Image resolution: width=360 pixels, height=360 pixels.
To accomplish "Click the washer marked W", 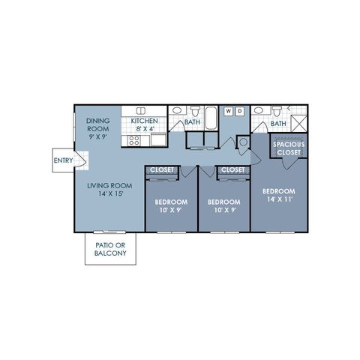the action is pos(228,111).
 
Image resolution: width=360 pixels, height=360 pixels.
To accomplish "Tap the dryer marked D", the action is pos(240,111).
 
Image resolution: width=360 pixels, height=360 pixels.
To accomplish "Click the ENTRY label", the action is pos(64,160).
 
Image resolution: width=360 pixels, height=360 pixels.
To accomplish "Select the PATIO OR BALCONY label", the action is pos(110,249).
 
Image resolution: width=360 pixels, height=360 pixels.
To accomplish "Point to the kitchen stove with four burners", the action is pos(134,140).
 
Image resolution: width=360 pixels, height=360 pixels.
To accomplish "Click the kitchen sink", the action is pos(141,111).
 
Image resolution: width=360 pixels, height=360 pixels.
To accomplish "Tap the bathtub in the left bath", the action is pos(211,118).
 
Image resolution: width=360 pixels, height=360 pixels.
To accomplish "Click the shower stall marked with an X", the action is pos(299,124).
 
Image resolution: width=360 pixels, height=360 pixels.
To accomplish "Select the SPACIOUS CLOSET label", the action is pos(289,148).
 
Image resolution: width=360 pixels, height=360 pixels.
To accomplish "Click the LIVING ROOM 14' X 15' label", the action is pos(109,190).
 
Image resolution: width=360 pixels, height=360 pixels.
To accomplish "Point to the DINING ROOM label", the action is pos(98,124).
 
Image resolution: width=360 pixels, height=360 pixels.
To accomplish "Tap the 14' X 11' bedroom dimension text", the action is pos(280,199).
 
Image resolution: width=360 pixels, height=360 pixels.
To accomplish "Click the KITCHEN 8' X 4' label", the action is pos(145,125).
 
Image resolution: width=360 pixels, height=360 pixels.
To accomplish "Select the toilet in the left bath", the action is pos(195,111).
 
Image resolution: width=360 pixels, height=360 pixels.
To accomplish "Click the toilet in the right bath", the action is pos(277,111).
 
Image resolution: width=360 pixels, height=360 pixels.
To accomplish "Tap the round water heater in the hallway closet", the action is pos(244,142).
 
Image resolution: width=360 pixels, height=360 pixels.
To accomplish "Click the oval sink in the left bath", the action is pos(178,110).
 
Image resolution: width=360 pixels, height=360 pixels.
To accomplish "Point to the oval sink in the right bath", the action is pos(259,110).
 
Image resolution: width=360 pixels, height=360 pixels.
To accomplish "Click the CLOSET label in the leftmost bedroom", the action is pos(162,170).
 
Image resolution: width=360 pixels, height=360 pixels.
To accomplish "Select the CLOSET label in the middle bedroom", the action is pos(233,170).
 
